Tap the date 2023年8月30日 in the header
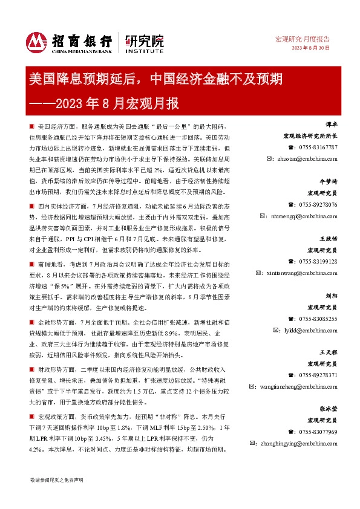click(311, 48)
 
